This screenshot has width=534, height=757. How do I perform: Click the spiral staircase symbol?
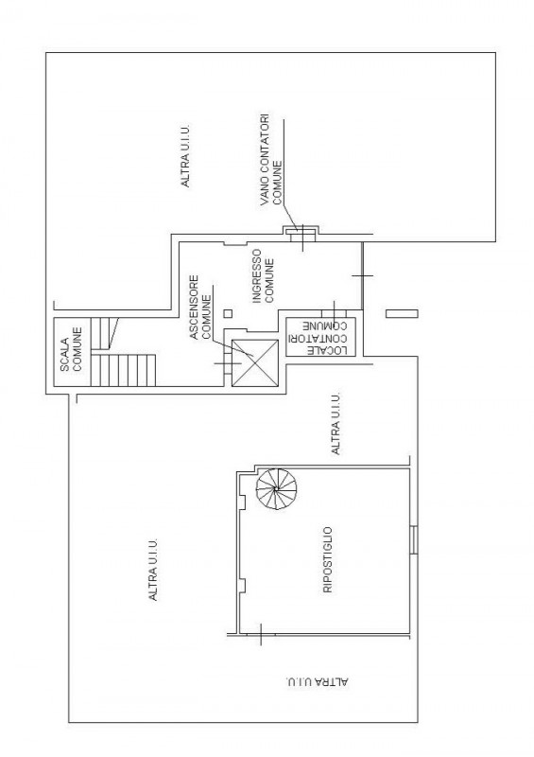point(276,489)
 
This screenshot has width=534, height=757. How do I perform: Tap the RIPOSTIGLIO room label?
point(328,560)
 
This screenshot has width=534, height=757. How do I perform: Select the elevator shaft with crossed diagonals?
point(255,363)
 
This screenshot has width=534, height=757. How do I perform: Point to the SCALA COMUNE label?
point(71,349)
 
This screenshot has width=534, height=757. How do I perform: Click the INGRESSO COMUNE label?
point(264,275)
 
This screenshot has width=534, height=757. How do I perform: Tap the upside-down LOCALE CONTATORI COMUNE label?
point(320,337)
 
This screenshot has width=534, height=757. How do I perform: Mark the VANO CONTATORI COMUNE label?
point(270,160)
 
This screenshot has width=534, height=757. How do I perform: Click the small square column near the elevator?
point(228,313)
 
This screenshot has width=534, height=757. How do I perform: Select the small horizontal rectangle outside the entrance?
point(402,313)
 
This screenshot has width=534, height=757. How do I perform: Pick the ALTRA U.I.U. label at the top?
point(185,156)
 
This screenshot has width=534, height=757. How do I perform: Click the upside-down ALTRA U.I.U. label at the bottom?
point(317,682)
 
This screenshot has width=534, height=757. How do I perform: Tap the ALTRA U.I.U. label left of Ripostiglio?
point(153,570)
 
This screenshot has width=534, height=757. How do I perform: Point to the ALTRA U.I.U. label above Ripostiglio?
point(336,423)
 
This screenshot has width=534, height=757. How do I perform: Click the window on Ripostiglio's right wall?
point(414,539)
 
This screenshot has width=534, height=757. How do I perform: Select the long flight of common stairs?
point(124,370)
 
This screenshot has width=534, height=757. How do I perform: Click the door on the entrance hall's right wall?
point(362,275)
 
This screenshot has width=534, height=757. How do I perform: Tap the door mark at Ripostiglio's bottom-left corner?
point(261,634)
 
